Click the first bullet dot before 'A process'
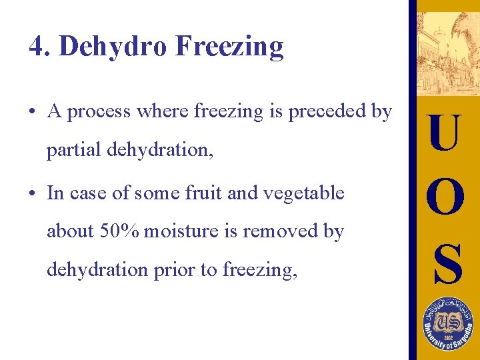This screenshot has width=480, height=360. pos(33,112)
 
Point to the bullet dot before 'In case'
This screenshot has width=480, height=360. pos(33,194)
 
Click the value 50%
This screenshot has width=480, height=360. pos(119,231)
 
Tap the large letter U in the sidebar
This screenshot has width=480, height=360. pos(445,133)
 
